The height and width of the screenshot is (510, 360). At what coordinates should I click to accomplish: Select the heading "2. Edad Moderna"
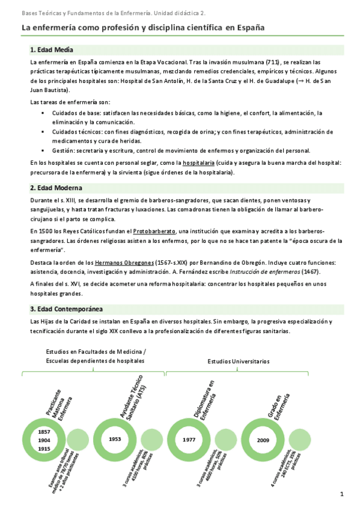[56, 188]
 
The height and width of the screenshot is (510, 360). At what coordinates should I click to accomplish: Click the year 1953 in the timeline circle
[115, 439]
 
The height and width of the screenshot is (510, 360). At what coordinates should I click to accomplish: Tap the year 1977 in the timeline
[190, 439]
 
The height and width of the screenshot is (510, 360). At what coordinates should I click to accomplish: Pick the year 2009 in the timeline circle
[263, 439]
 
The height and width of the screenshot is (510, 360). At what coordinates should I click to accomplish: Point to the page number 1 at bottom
[341, 495]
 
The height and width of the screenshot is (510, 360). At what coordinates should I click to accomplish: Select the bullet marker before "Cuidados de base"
[43, 112]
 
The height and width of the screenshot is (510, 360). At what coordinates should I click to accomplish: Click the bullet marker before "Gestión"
[43, 150]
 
